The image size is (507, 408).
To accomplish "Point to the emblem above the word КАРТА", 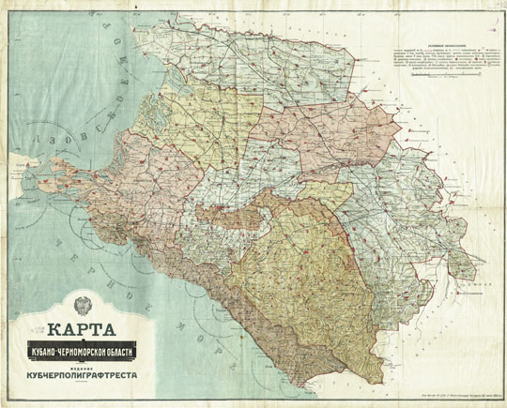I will tap(78, 308).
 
